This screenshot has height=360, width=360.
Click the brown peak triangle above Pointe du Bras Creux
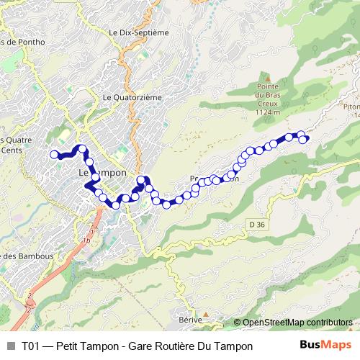pos(267,76)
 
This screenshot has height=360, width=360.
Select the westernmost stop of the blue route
pos(53,154)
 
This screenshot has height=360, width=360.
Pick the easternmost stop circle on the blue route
pos(303,139)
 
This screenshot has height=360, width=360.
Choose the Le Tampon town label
pos(102,174)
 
